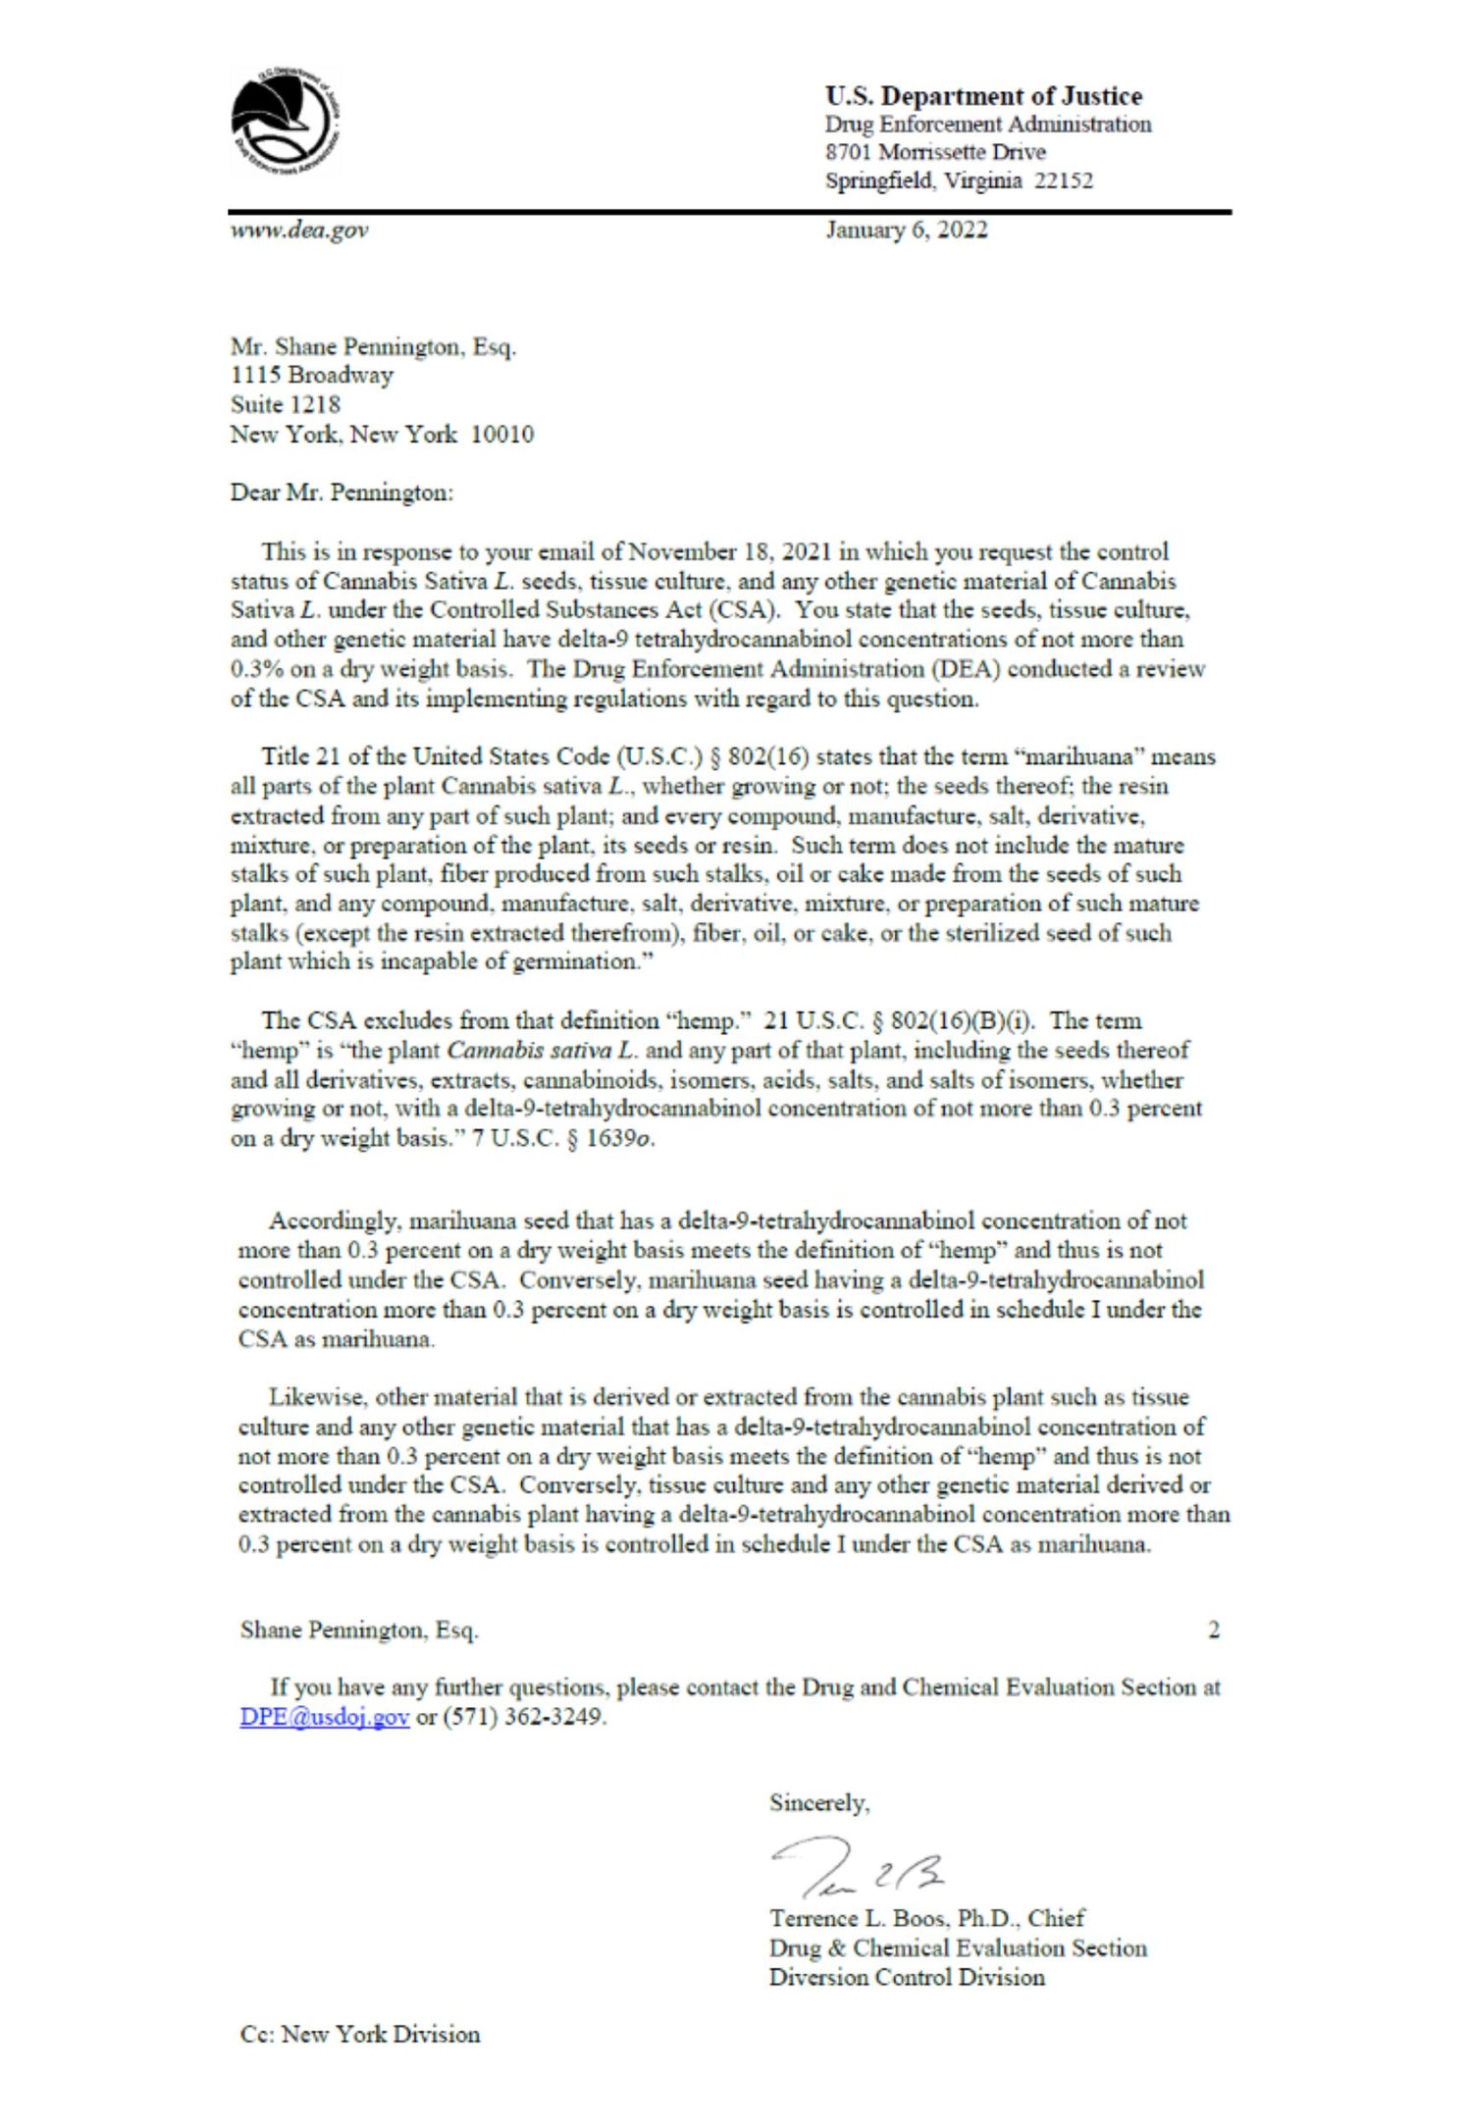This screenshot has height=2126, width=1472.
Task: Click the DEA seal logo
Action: [286, 124]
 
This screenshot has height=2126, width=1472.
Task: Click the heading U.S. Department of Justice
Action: [983, 96]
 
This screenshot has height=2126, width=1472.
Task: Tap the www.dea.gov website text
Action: [299, 231]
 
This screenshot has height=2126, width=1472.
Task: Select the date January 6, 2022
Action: [906, 231]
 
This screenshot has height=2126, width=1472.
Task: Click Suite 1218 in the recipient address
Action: [286, 404]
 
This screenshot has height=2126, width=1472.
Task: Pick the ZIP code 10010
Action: [501, 434]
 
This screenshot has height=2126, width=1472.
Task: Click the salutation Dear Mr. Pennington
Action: [342, 493]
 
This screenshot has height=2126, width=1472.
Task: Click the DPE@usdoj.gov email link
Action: [324, 1718]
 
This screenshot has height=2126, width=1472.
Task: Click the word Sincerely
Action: [818, 1803]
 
